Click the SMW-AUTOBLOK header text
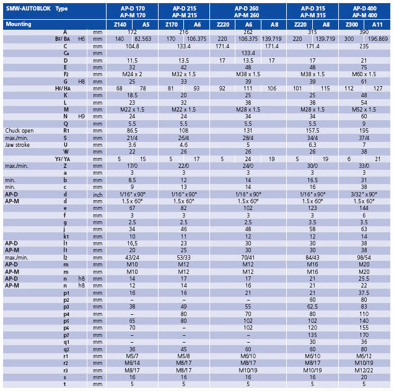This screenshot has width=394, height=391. coord(28,9)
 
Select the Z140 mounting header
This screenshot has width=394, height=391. coord(120,25)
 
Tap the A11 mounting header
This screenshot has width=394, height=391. coord(377,25)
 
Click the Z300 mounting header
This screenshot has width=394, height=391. coord(351,25)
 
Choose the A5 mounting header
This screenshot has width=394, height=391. coord(146,25)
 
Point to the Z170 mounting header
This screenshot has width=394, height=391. coord(172,25)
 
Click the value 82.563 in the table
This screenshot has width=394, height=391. coord(143,39)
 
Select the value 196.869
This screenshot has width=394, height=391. coord(378,39)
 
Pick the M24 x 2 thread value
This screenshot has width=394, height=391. coord(132,74)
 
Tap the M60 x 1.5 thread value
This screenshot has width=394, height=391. coord(364,74)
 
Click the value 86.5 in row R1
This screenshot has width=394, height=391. coord(132,131)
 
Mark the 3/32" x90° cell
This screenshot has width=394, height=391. coord(364,194)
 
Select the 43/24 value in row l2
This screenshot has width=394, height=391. coord(132,258)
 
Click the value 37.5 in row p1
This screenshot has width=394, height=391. coord(364,293)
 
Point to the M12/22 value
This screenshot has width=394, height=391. coord(364,371)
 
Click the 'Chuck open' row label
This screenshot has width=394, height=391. coord(19,131)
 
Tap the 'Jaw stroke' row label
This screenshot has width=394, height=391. coord(17,145)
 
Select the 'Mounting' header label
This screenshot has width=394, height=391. coord(19,24)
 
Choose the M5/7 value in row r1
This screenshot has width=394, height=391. coord(132,356)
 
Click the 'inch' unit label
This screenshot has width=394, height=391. coord(98,195)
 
